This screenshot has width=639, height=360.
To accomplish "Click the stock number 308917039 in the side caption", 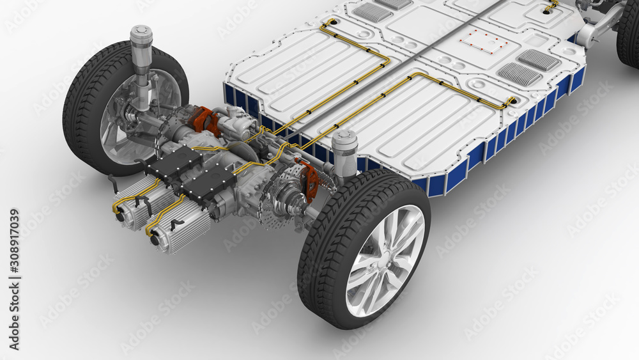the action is (14, 240).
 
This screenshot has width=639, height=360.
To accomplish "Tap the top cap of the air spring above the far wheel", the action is (141, 32).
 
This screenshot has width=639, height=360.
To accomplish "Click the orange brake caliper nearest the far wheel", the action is (203, 119).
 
